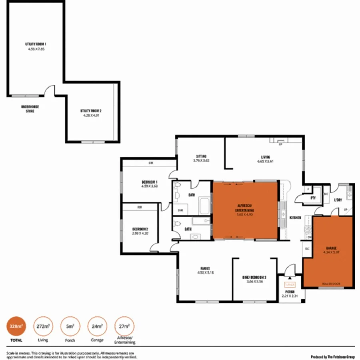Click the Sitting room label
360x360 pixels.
(x=201, y=156)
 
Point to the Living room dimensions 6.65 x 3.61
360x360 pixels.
(x=266, y=161)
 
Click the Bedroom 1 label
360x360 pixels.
(x=149, y=182)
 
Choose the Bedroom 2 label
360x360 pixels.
(x=140, y=229)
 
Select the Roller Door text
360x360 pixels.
(x=331, y=284)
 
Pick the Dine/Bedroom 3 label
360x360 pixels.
(x=254, y=277)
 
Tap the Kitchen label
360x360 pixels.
(x=295, y=218)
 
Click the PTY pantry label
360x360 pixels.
(x=313, y=198)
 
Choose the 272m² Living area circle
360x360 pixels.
(x=43, y=326)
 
